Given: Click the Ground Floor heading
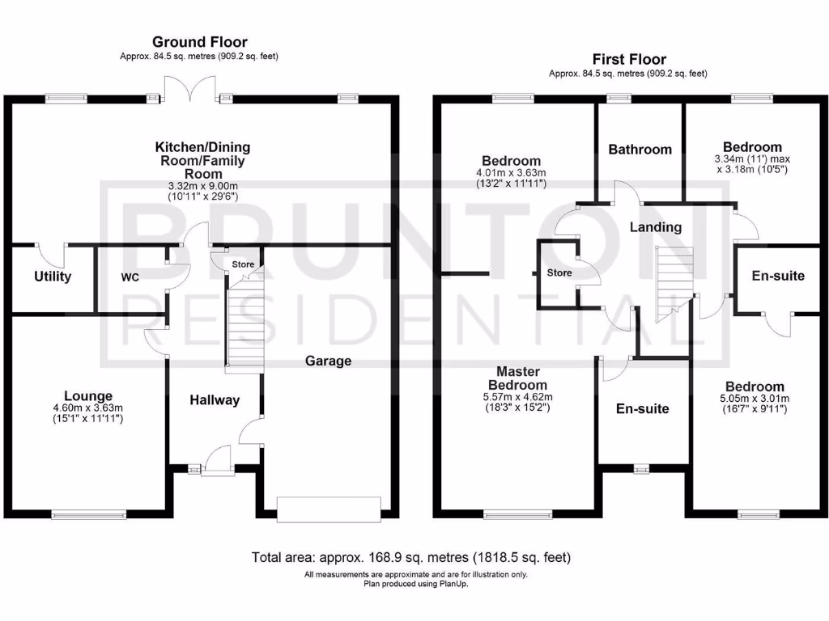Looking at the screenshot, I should click(199, 42).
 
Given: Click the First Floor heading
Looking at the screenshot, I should click(628, 59).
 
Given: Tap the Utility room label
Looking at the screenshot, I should click(53, 277).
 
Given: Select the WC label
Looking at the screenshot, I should click(130, 277).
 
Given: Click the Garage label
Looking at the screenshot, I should click(328, 361).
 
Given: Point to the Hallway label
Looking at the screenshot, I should click(215, 399).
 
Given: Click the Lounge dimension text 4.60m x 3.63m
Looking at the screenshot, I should click(89, 408).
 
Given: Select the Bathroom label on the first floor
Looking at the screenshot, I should click(640, 149).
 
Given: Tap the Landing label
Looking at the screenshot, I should click(655, 227).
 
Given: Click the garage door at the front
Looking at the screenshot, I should click(328, 508).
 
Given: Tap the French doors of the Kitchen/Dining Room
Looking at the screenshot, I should click(190, 89).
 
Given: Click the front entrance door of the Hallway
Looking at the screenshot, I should click(215, 462).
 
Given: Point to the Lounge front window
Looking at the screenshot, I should click(89, 513).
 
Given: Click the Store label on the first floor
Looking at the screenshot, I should click(559, 272).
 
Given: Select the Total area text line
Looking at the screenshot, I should click(411, 557).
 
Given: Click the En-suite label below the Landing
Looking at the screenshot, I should click(642, 408).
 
